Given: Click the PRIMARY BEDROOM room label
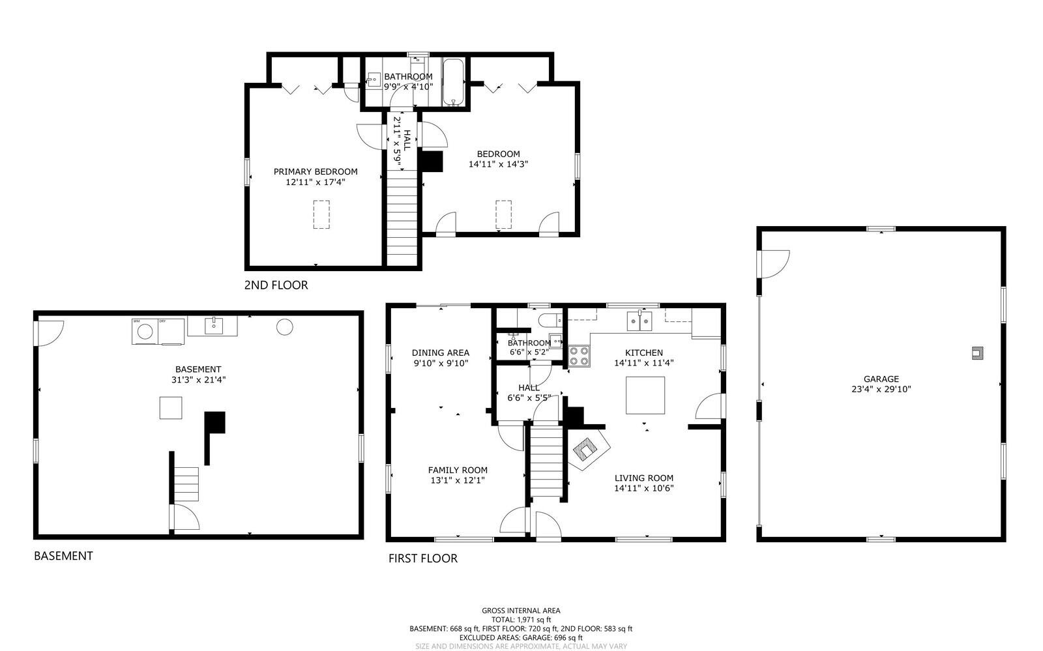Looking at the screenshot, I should (315, 172).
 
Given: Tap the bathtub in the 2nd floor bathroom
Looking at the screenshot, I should (453, 81).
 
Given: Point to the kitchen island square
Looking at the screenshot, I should (645, 395).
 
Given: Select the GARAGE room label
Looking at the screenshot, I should (881, 379).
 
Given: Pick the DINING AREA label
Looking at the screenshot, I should (440, 353).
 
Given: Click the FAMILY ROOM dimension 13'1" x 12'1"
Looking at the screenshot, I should (457, 480).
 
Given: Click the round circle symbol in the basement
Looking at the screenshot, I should (284, 327).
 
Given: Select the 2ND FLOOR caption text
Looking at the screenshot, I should (276, 285).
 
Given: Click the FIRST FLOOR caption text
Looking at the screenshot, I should (423, 558).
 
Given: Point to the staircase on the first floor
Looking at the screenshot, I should (546, 461).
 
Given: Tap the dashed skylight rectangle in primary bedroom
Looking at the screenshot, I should (321, 214).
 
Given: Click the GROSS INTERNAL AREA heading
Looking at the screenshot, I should (521, 611).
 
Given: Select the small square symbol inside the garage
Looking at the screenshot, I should (977, 353).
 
